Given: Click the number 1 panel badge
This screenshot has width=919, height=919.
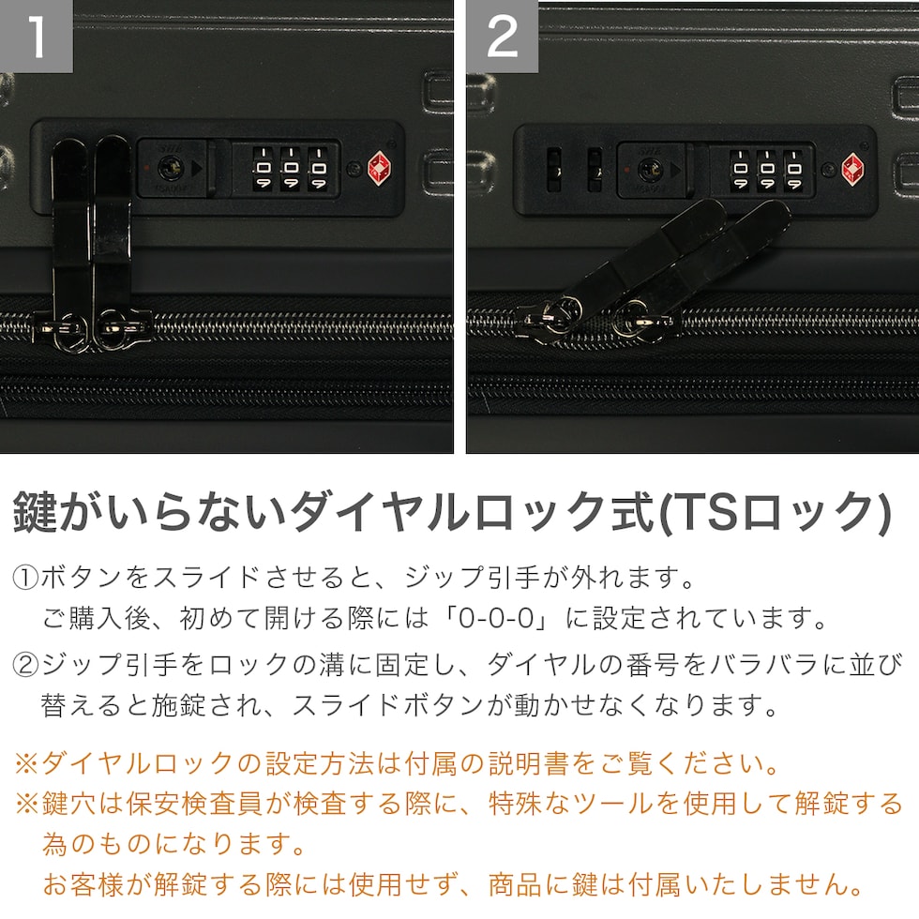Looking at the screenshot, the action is [x=36, y=37].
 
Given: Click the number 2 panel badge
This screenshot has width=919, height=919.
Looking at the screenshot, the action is [x=503, y=37].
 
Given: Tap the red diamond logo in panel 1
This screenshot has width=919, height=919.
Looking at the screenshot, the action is [x=381, y=169].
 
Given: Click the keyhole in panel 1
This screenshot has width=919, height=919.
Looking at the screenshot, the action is [x=171, y=168].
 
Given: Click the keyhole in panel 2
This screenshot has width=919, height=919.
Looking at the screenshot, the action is [x=649, y=170].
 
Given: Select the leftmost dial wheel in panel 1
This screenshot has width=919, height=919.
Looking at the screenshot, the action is [x=263, y=169].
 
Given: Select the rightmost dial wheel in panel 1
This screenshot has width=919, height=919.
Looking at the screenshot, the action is [x=318, y=169].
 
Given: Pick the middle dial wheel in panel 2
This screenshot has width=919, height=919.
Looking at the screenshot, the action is [x=767, y=170].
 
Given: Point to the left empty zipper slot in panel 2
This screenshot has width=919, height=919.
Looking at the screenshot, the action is [x=553, y=170].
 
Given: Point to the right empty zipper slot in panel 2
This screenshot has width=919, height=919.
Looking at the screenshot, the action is [x=595, y=170].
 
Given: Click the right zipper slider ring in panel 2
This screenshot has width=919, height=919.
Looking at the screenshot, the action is [x=633, y=320].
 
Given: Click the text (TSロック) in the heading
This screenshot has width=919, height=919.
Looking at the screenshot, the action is [x=775, y=513].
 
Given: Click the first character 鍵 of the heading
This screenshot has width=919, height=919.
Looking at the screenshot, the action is [x=36, y=513].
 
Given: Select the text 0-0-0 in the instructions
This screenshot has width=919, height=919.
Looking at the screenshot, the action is [x=496, y=619].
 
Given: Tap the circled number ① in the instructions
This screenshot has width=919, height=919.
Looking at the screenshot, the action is [x=25, y=579].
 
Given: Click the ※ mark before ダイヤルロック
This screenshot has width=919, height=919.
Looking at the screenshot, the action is [x=26, y=764].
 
